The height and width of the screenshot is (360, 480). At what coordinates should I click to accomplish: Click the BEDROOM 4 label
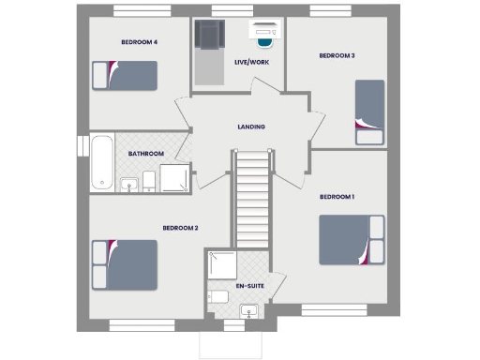click(139, 42)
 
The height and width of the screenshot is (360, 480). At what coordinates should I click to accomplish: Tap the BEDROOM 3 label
click(337, 56)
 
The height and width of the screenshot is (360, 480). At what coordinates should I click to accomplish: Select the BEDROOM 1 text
click(337, 197)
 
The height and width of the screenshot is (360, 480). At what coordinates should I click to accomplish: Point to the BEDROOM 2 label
click(180, 228)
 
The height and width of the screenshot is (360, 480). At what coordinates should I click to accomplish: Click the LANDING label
click(250, 127)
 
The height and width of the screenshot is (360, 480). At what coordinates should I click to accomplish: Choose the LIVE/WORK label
click(250, 62)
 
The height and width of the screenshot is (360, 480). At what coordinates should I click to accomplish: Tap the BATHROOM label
click(146, 154)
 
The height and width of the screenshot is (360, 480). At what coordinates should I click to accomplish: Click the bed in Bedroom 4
click(124, 75)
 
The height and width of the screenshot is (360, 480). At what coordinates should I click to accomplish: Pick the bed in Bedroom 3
click(369, 112)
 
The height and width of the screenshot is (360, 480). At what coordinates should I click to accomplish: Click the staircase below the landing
click(250, 202)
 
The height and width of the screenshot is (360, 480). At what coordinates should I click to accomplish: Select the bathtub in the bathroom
click(101, 162)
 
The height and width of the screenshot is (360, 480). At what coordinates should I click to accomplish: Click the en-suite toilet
click(218, 296)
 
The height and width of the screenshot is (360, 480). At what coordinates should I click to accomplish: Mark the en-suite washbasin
click(249, 309)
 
